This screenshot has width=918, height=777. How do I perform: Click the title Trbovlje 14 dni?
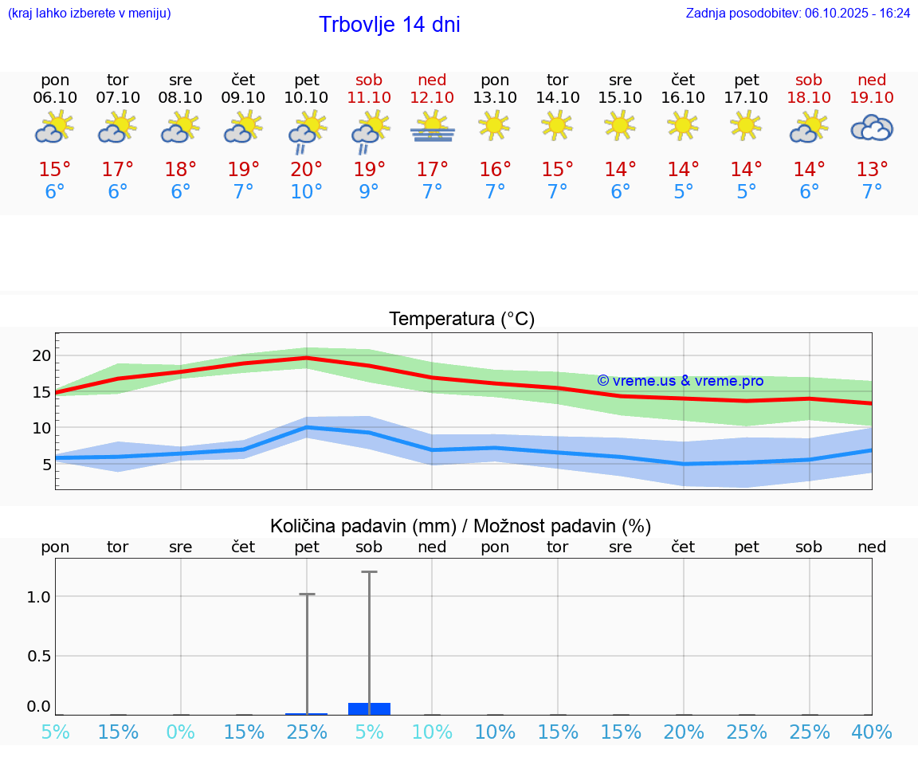389,25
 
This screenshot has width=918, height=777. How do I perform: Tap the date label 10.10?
307,97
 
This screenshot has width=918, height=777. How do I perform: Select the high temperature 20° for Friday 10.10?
307,169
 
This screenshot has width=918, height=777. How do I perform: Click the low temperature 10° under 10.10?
307,191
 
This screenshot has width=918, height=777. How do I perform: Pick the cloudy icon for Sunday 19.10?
872,128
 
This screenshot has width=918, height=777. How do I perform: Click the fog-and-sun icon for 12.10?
432,128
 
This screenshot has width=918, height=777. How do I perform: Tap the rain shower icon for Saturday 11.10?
370,131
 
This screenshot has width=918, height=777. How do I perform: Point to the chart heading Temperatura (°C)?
461,320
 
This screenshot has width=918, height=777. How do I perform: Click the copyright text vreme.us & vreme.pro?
680,381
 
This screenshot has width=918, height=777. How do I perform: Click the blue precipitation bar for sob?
370,708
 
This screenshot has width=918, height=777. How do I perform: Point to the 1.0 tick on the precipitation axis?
39,597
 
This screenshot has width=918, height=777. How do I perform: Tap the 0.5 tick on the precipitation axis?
39,656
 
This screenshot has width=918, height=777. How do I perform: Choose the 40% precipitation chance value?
872,732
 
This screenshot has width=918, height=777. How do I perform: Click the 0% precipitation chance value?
181,732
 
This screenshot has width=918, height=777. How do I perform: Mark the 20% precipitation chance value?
683,732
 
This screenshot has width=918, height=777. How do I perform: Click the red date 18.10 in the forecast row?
809,97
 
